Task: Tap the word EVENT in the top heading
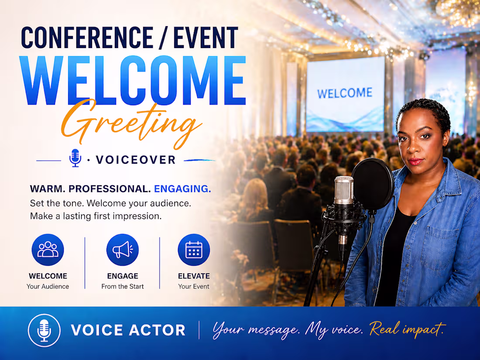[205, 38]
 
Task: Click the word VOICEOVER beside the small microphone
[136, 160]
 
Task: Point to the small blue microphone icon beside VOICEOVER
[75, 158]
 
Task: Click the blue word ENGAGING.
[182, 189]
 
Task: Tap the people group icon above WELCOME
[48, 250]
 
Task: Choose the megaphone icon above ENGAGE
[123, 250]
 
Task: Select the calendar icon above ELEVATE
[194, 250]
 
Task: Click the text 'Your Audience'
[48, 287]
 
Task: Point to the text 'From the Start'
[123, 287]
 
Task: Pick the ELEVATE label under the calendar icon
[194, 276]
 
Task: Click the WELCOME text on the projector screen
[345, 93]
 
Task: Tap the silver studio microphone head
[344, 191]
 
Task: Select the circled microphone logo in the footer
[44, 331]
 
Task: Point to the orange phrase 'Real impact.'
[408, 329]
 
